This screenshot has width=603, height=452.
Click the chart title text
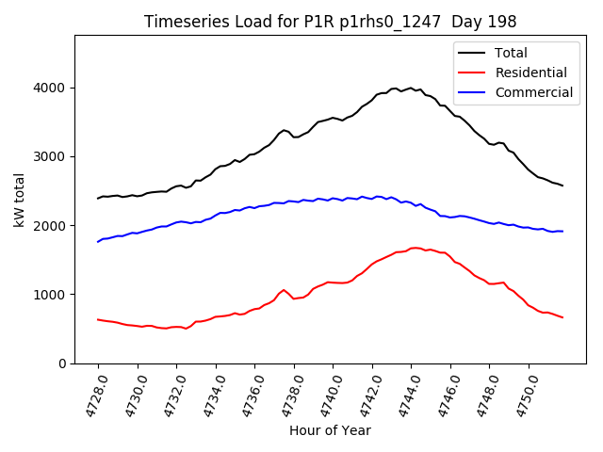click(x=331, y=21)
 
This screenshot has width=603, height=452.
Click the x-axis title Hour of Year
click(x=331, y=430)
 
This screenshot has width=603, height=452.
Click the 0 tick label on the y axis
click(x=63, y=363)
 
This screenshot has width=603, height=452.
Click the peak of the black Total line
click(x=410, y=88)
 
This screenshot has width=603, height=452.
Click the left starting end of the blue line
click(x=98, y=242)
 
